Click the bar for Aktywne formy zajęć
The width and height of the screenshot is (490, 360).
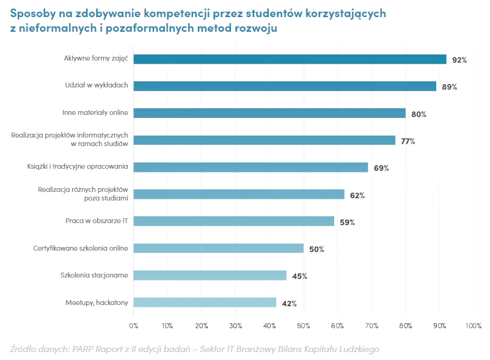click(x=290, y=59)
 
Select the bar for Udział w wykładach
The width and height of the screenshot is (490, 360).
click(x=285, y=86)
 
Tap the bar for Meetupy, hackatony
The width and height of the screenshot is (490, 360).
click(x=205, y=302)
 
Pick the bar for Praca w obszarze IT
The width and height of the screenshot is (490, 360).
click(x=234, y=221)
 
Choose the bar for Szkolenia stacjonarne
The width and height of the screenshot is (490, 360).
click(x=210, y=275)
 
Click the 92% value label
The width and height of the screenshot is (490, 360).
click(x=459, y=60)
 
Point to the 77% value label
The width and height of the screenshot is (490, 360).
click(x=408, y=141)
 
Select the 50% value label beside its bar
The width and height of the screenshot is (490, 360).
click(x=316, y=249)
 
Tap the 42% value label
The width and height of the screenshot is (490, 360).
click(x=289, y=303)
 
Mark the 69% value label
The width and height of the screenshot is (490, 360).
click(x=381, y=168)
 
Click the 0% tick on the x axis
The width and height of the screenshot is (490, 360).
click(x=134, y=326)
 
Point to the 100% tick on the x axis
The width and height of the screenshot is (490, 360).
click(x=474, y=326)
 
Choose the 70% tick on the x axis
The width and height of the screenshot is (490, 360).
click(x=371, y=326)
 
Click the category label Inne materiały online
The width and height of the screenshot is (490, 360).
click(x=95, y=112)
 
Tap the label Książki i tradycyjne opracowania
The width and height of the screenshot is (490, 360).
click(x=78, y=166)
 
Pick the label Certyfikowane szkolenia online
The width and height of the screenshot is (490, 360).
click(x=81, y=248)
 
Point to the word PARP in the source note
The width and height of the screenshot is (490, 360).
click(x=82, y=349)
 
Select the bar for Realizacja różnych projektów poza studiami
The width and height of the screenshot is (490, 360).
click(x=239, y=194)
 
